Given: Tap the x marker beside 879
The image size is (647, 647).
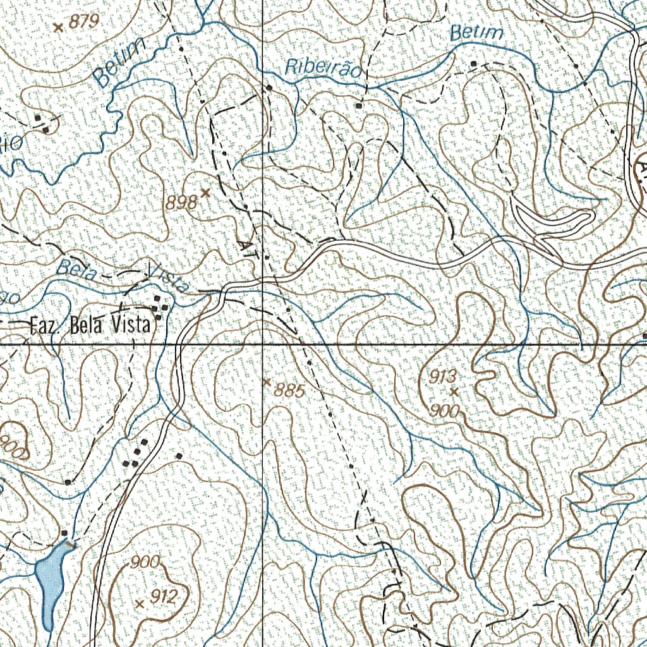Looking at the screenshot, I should pyautogui.click(x=59, y=27).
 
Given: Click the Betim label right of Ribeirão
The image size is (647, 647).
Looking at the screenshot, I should pyautogui.click(x=477, y=33).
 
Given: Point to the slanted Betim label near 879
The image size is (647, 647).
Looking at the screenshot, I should pyautogui.click(x=118, y=62).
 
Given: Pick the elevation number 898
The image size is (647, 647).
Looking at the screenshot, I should pyautogui.click(x=181, y=202).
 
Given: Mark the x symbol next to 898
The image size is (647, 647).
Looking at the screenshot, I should pyautogui.click(x=205, y=191).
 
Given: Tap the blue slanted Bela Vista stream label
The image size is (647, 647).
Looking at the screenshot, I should pyautogui.click(x=123, y=275).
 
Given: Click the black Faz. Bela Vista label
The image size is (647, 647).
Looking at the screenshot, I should pyautogui.click(x=91, y=326).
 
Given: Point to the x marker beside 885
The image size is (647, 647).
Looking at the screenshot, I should pyautogui.click(x=267, y=382).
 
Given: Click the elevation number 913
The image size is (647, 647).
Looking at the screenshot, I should pyautogui.click(x=443, y=377).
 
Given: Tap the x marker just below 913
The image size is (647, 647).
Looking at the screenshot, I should pyautogui.click(x=454, y=392).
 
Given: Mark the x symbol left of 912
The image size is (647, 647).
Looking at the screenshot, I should pyautogui.click(x=140, y=604).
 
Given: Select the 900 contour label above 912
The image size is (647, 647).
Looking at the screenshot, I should pyautogui.click(x=145, y=562).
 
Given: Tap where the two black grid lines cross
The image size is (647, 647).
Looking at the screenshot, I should pyautogui.click(x=263, y=345).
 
